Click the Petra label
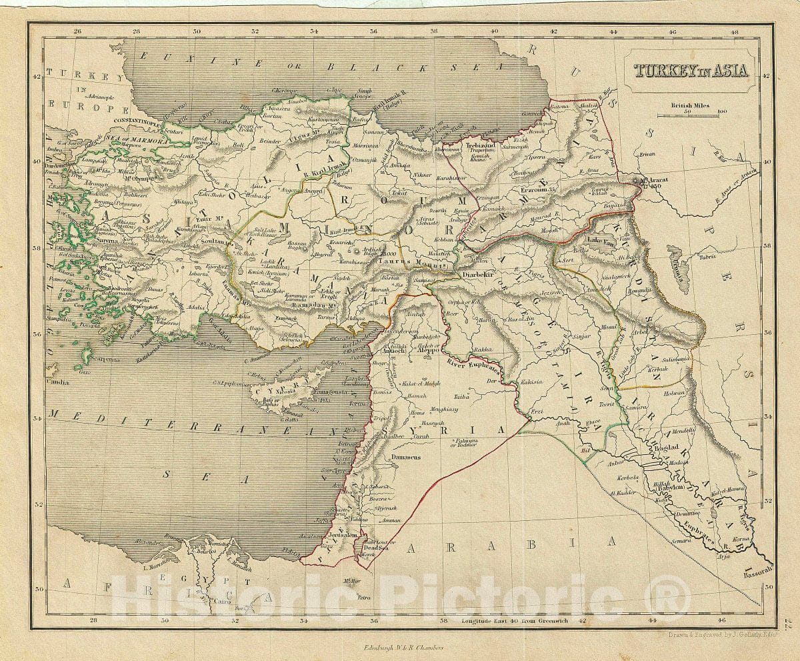[x=363, y=598]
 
